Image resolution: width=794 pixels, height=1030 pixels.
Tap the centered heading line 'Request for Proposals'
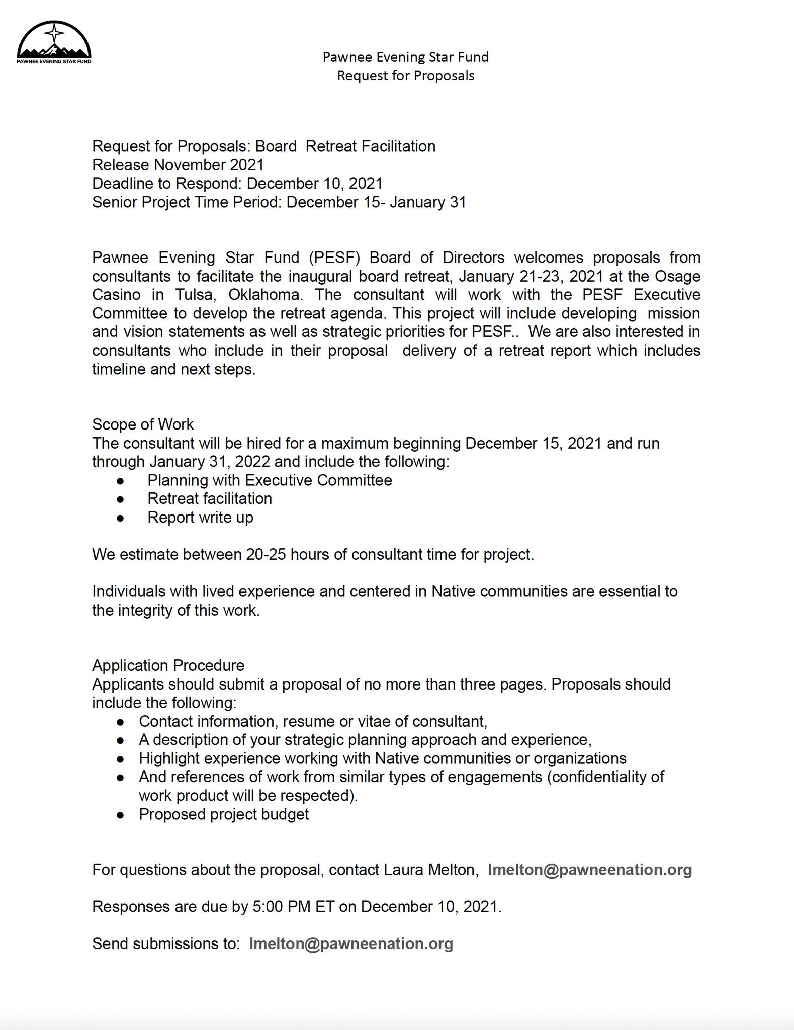405,76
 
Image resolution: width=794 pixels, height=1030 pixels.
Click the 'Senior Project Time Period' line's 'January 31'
428,202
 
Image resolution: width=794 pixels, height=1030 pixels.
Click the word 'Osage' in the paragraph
677,276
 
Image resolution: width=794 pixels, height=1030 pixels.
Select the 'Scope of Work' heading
143,424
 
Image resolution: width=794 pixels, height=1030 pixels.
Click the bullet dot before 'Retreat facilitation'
120,499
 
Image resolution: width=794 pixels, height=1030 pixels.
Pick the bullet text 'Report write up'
200,518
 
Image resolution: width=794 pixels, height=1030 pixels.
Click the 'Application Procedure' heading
168,665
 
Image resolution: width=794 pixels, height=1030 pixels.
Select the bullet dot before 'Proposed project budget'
120,814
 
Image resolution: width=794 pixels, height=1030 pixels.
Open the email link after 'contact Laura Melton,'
589,870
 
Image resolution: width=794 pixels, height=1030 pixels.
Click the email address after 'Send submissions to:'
351,943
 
